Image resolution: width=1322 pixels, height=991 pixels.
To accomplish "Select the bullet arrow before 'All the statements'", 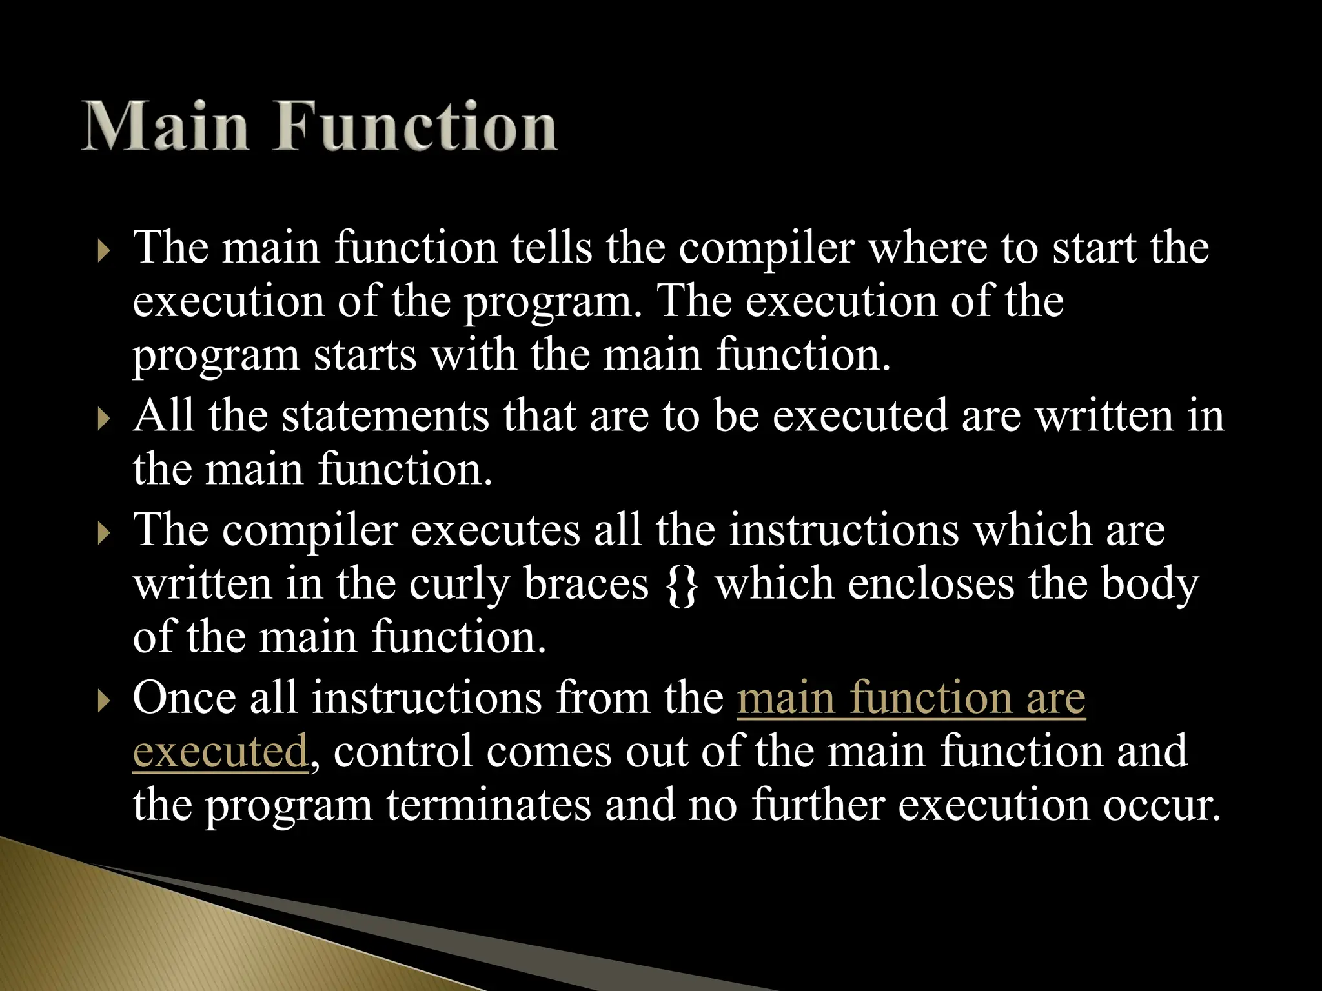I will point(103,419).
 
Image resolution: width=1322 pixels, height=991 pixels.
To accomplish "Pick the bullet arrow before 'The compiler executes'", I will point(103,534).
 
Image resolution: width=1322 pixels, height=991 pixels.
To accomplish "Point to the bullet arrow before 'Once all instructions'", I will point(103,701).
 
